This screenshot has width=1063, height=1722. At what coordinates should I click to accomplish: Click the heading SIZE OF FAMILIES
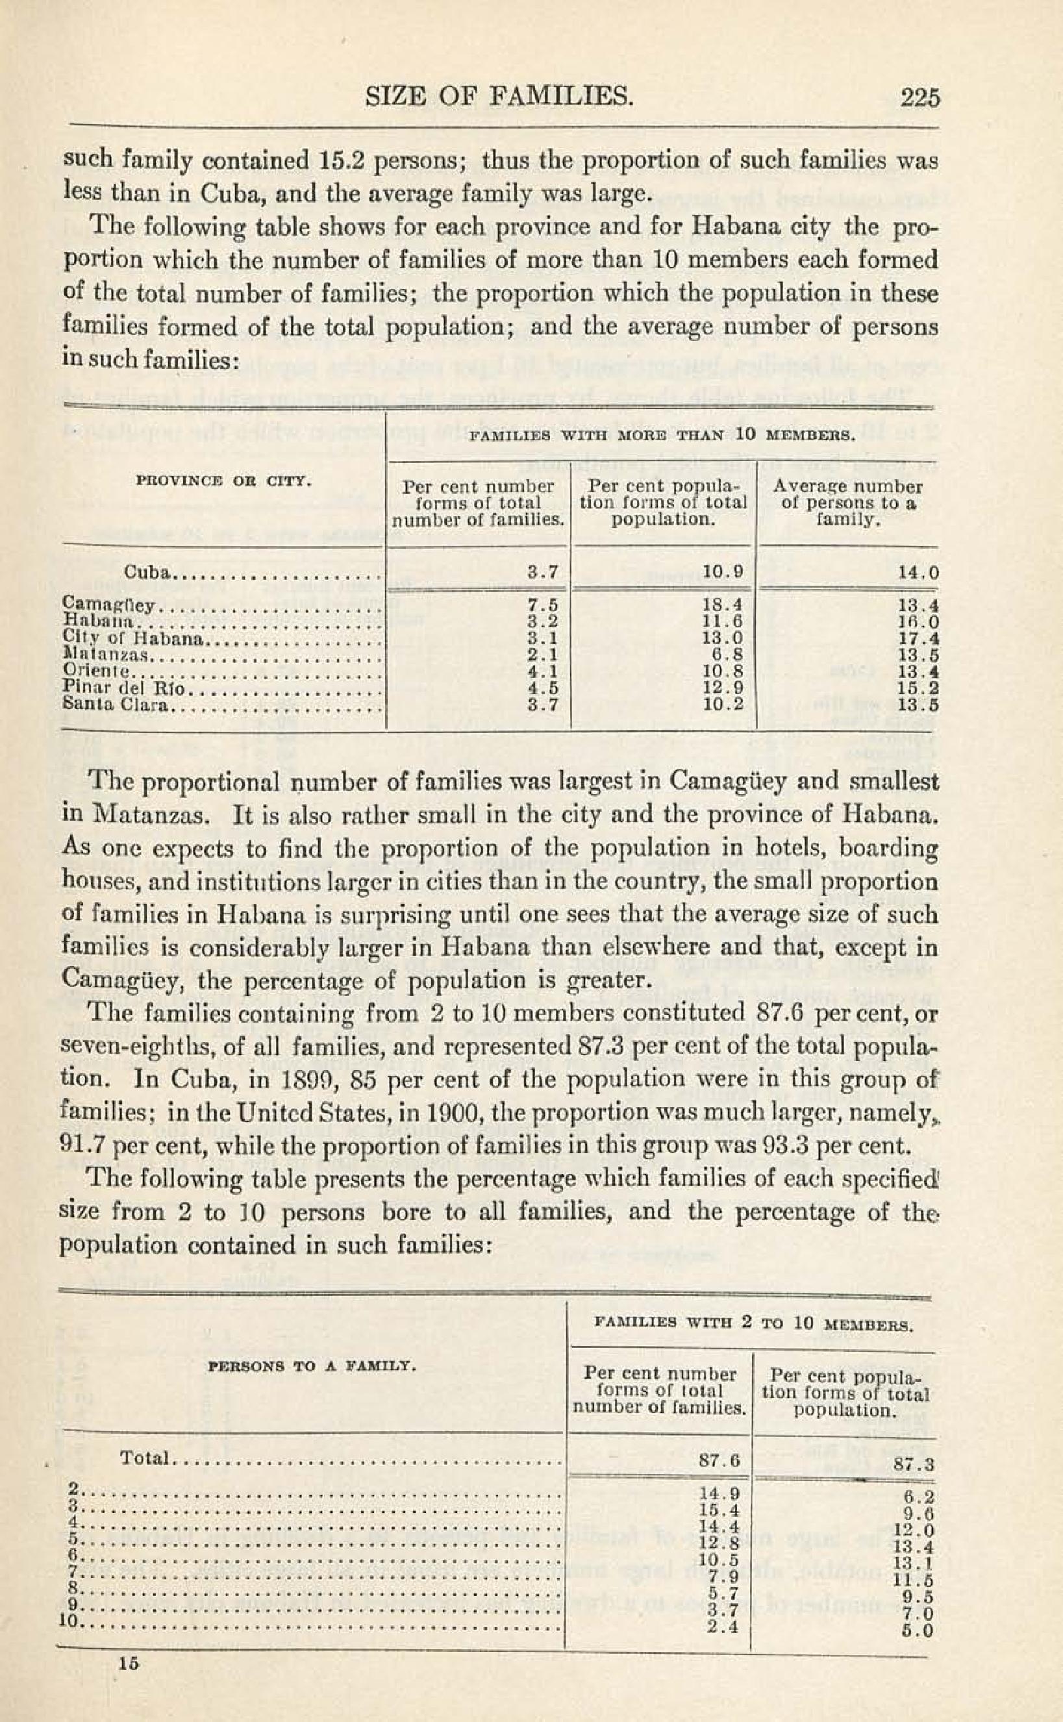(x=500, y=96)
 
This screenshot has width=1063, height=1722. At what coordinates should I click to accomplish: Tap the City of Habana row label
(x=134, y=639)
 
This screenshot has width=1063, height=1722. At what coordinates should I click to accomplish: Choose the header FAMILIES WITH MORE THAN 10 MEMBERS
(x=662, y=436)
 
